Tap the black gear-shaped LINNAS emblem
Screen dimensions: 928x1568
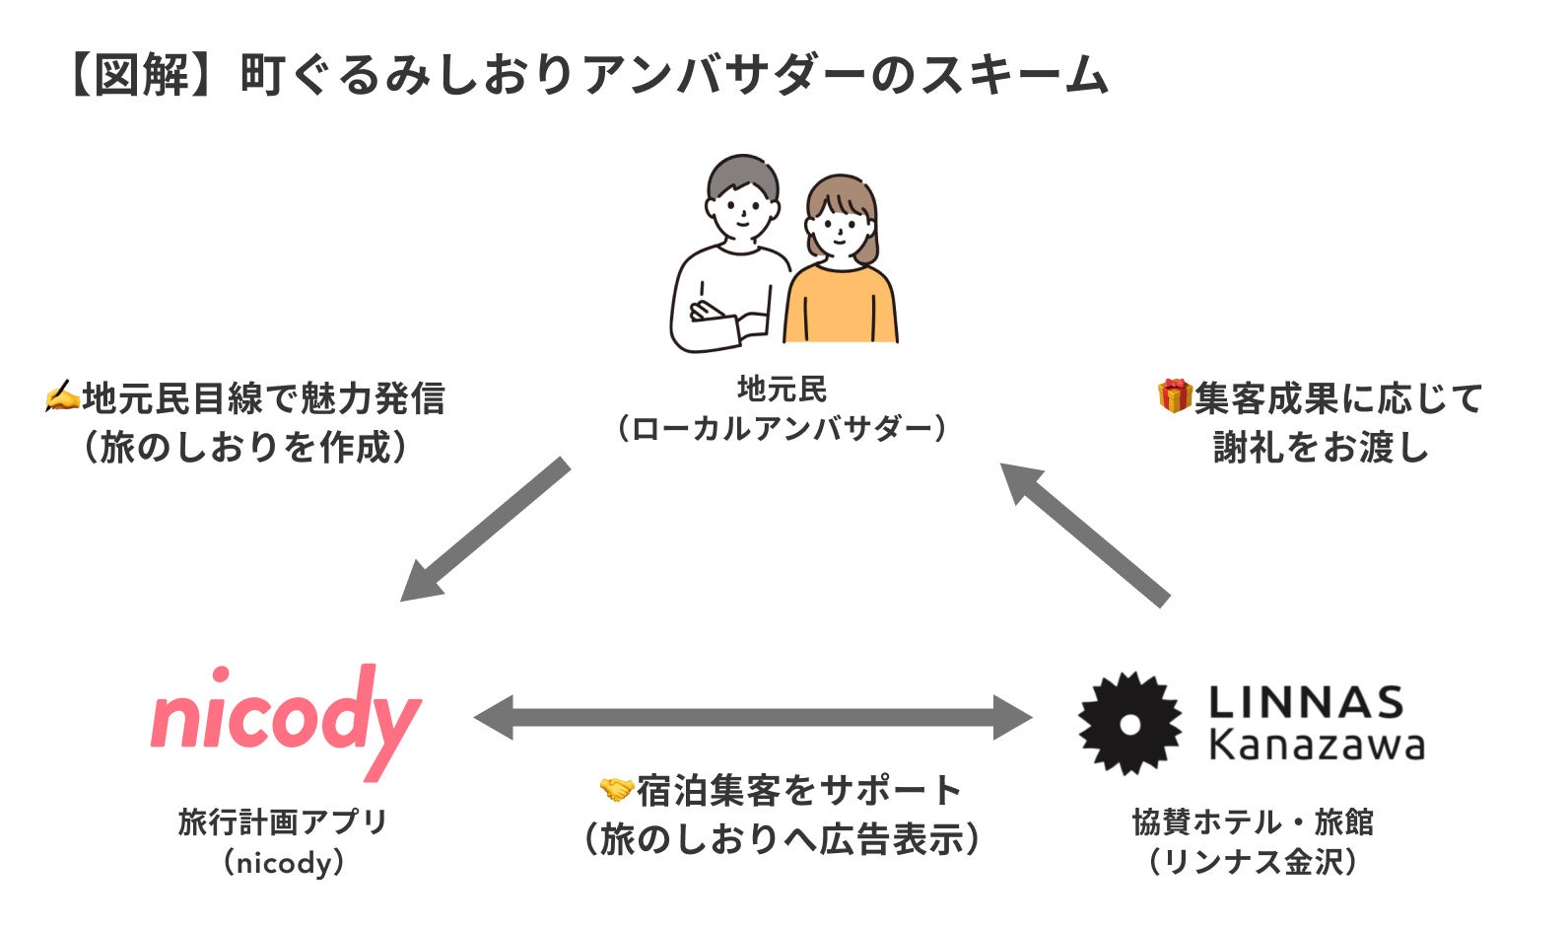[x=1129, y=723]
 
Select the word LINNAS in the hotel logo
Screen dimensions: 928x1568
[x=1306, y=702]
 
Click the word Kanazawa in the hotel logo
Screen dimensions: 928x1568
[x=1316, y=745]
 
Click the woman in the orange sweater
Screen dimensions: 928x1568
[x=841, y=266]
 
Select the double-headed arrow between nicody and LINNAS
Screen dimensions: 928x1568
[x=753, y=717]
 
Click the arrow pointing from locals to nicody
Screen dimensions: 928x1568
[x=483, y=531]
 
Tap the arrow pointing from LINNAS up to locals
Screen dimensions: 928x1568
[x=1085, y=533]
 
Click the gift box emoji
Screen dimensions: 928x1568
[x=1174, y=396]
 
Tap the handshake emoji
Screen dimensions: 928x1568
[x=616, y=789]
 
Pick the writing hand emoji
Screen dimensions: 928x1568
[x=62, y=397]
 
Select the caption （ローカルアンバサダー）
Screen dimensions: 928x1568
[x=782, y=429]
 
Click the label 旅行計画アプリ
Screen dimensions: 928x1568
[x=283, y=821]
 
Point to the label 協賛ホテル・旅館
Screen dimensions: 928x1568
[x=1253, y=821]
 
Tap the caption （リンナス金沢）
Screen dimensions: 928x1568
[x=1253, y=862]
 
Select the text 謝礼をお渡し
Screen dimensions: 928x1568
[x=1321, y=448]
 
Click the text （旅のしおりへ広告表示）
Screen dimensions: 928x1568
[x=782, y=839]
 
